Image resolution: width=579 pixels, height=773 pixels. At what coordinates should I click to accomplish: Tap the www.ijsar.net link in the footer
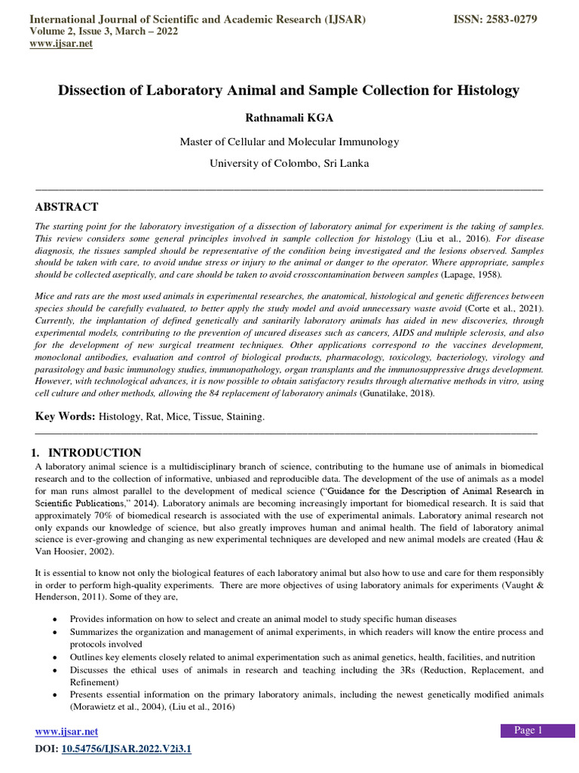(x=67, y=731)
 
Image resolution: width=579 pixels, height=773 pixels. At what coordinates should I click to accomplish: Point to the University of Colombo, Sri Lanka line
(x=289, y=163)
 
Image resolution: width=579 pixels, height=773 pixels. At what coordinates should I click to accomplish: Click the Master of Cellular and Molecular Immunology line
(x=289, y=141)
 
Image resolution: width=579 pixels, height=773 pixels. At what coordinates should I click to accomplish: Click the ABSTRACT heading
(x=67, y=207)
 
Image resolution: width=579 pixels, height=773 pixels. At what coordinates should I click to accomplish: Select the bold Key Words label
(x=66, y=417)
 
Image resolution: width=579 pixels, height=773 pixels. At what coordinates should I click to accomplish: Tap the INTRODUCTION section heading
(x=94, y=453)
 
